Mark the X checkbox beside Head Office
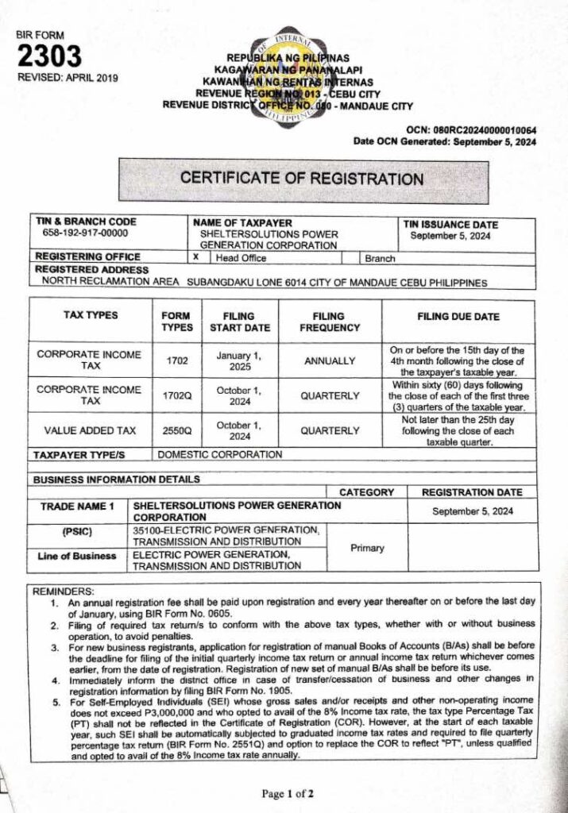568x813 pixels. click(x=195, y=257)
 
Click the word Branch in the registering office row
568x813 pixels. click(x=380, y=258)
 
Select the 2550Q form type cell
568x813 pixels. click(x=177, y=430)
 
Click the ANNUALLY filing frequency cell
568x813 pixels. click(x=330, y=361)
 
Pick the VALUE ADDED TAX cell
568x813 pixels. click(x=90, y=430)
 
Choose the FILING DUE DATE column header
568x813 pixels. click(x=458, y=316)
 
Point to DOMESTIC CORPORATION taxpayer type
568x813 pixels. click(x=220, y=455)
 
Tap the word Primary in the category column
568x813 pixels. click(x=367, y=548)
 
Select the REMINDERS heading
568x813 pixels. click(x=63, y=591)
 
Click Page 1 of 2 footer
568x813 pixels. click(x=288, y=793)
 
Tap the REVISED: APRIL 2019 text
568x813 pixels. click(x=68, y=77)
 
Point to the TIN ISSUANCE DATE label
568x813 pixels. click(x=451, y=225)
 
